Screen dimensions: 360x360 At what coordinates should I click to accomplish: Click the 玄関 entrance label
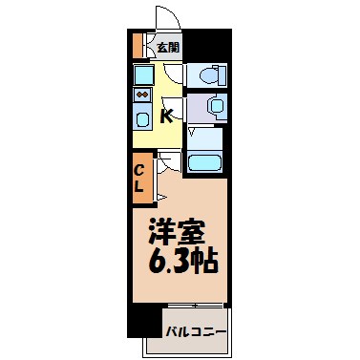coord(168,46)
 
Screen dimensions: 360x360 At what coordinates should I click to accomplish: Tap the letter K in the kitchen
coord(166,116)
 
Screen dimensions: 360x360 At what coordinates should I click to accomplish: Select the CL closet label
coord(139,179)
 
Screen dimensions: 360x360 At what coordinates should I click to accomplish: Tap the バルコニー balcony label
coord(196,333)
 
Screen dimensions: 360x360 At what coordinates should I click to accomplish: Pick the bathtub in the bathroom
coord(205,161)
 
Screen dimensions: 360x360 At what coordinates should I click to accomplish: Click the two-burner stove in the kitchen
coord(143,96)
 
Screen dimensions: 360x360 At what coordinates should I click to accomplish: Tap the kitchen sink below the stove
coord(143,120)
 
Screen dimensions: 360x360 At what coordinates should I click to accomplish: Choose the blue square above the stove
coord(143,74)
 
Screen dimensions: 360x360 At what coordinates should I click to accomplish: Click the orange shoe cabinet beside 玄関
coord(138,45)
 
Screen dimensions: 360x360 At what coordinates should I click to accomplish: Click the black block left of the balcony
coord(144,321)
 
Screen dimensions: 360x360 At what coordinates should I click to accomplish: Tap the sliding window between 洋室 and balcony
coord(194,307)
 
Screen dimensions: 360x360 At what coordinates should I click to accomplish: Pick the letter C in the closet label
coord(139,172)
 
